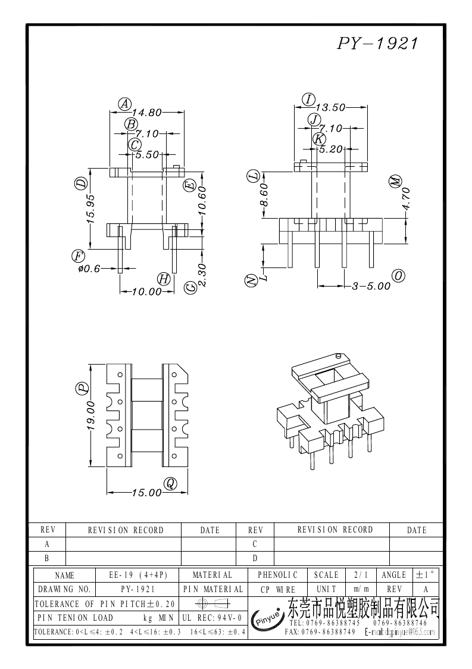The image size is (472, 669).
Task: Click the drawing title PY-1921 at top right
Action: click(x=379, y=43)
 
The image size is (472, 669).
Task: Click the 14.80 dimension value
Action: click(x=146, y=111)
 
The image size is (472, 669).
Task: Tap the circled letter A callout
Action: click(x=124, y=104)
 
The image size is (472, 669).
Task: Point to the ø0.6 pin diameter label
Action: click(x=89, y=269)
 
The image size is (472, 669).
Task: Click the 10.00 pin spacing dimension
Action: click(x=146, y=291)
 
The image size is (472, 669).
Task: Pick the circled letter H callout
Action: click(x=164, y=279)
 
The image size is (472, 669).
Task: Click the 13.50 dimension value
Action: click(x=330, y=108)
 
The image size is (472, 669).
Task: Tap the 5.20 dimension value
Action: click(x=331, y=149)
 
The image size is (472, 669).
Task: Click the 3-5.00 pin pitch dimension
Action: click(x=371, y=286)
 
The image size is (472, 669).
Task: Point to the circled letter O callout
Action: click(x=398, y=275)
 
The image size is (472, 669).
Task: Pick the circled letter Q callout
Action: click(x=170, y=483)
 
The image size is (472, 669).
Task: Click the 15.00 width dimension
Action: click(x=146, y=493)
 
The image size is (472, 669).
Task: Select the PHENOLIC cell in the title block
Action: click(x=277, y=575)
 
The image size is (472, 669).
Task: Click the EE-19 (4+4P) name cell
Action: click(x=138, y=575)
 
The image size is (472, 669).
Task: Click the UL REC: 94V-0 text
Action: click(x=211, y=617)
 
